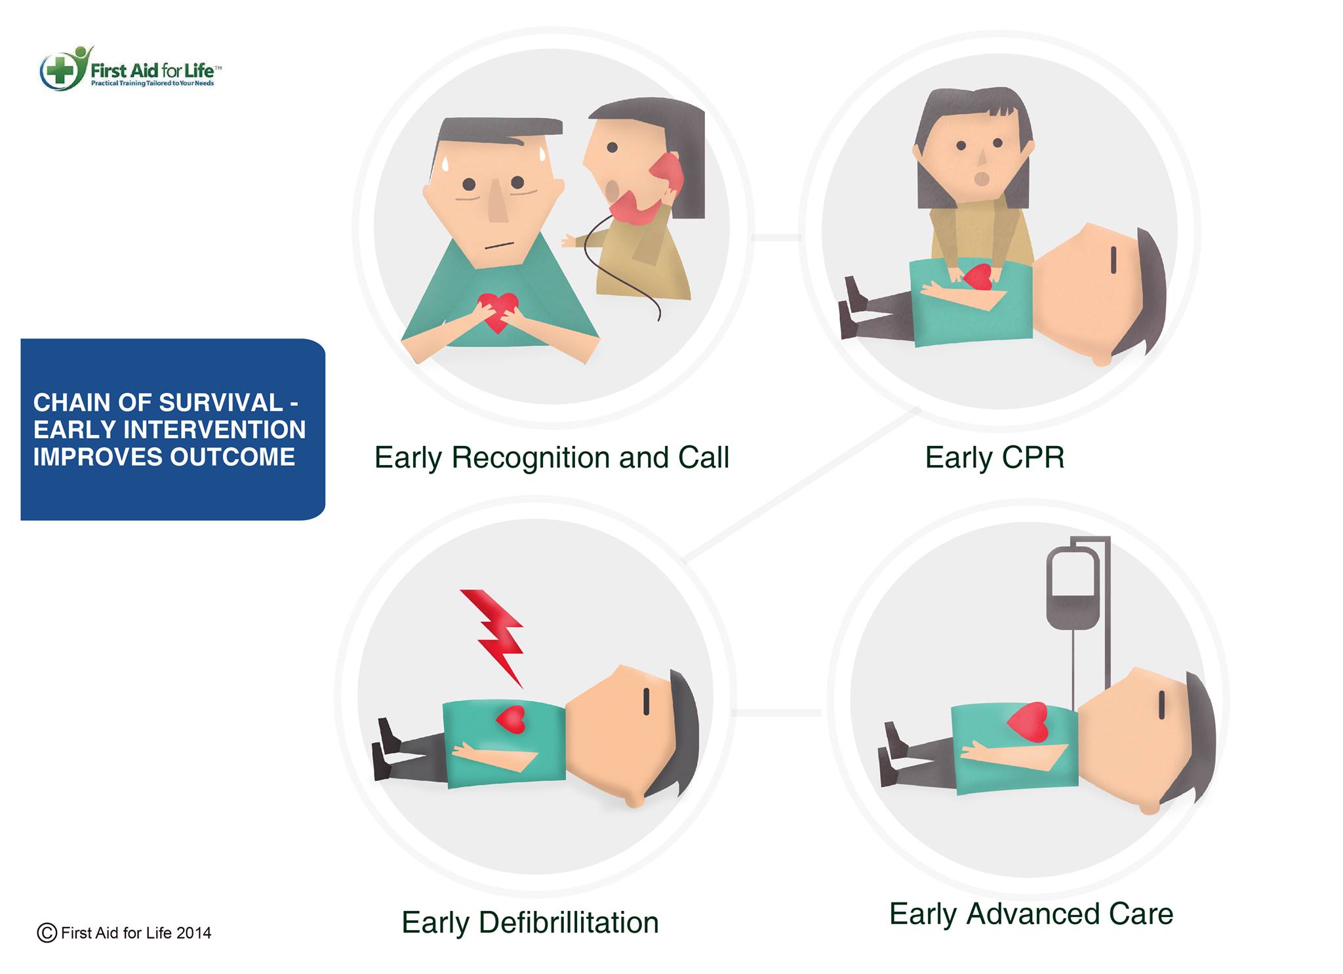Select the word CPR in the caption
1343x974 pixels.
pyautogui.click(x=1032, y=457)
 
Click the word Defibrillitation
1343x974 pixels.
pyautogui.click(x=569, y=922)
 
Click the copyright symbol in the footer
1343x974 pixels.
pyautogui.click(x=47, y=932)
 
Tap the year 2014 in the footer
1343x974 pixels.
pyautogui.click(x=193, y=933)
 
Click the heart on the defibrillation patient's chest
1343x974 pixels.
pyautogui.click(x=511, y=719)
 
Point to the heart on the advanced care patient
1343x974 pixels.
pyautogui.click(x=1028, y=722)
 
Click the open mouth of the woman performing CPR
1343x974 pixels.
pyautogui.click(x=982, y=178)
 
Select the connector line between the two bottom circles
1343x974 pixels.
pyautogui.click(x=776, y=712)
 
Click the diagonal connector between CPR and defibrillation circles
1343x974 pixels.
pyautogui.click(x=801, y=485)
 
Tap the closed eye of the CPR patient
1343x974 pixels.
pyautogui.click(x=1113, y=260)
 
